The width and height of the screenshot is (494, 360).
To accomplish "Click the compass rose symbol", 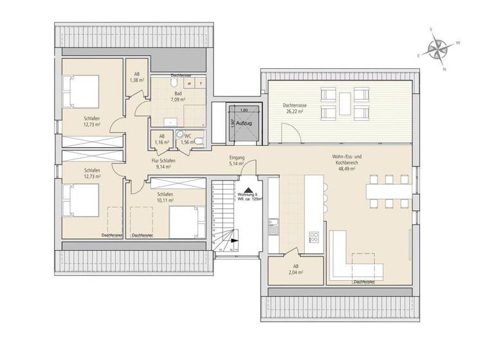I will (x=438, y=50).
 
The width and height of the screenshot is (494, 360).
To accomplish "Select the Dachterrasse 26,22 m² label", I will (x=293, y=108).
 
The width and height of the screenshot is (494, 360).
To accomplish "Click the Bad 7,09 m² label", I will (x=178, y=97).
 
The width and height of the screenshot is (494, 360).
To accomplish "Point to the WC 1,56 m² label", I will (x=188, y=138).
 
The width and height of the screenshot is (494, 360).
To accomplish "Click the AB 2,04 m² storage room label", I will (x=296, y=269).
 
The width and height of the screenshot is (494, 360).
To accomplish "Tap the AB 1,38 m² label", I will (x=136, y=78).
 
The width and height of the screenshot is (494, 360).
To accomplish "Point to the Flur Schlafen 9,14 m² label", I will (x=163, y=163).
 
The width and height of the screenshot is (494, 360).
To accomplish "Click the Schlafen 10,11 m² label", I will (x=165, y=197).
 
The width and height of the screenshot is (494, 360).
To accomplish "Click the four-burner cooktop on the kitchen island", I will (x=315, y=235).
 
